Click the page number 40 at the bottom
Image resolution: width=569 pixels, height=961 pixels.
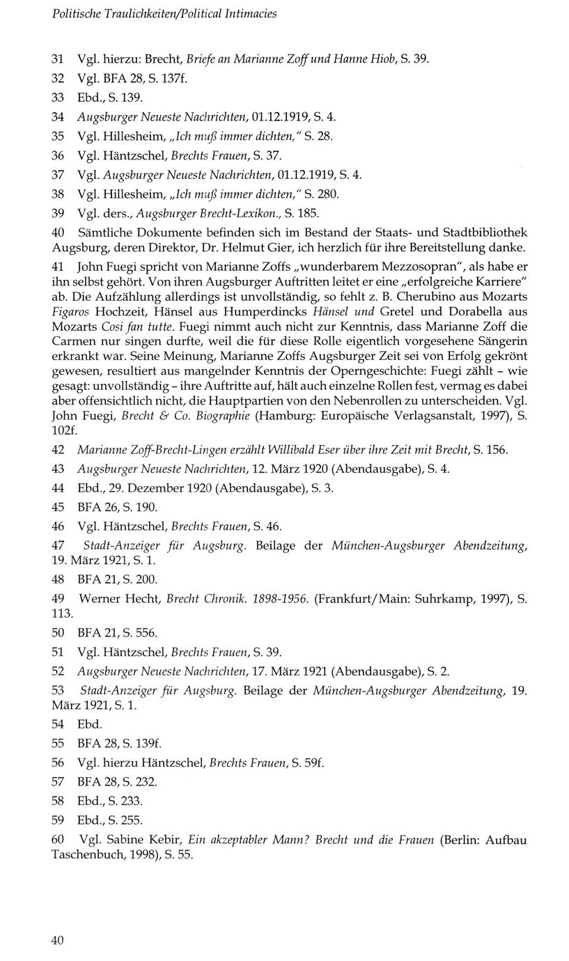click(58, 940)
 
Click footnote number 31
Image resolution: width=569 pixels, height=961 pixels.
click(59, 60)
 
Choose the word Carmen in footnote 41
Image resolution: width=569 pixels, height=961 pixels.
click(71, 341)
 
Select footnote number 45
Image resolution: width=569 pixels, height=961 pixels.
click(59, 506)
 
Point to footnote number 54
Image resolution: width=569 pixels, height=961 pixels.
click(59, 724)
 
